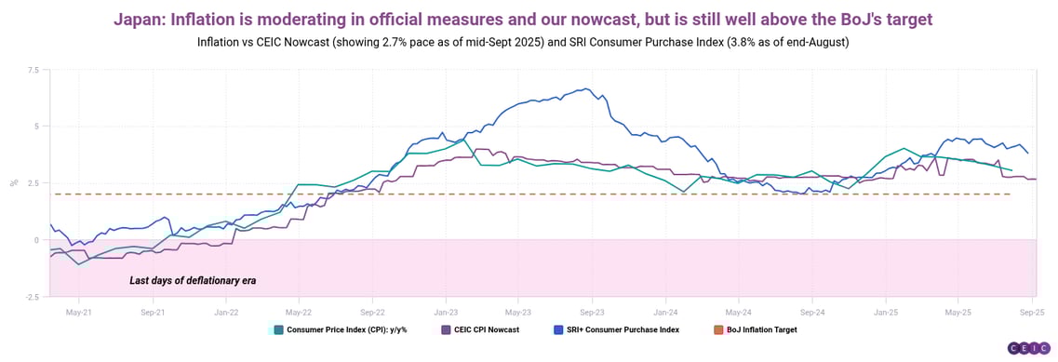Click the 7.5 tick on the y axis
point(33,70)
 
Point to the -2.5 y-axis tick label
point(32,297)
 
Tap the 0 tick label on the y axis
point(37,240)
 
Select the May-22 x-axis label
point(299,313)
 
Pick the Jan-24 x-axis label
point(665,313)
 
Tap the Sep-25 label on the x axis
point(1031,313)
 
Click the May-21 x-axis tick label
point(79,313)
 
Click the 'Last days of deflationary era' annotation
point(193,280)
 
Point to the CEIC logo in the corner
point(1028,348)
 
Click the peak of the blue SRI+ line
point(586,89)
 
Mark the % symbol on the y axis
point(13,183)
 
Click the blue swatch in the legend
point(557,329)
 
